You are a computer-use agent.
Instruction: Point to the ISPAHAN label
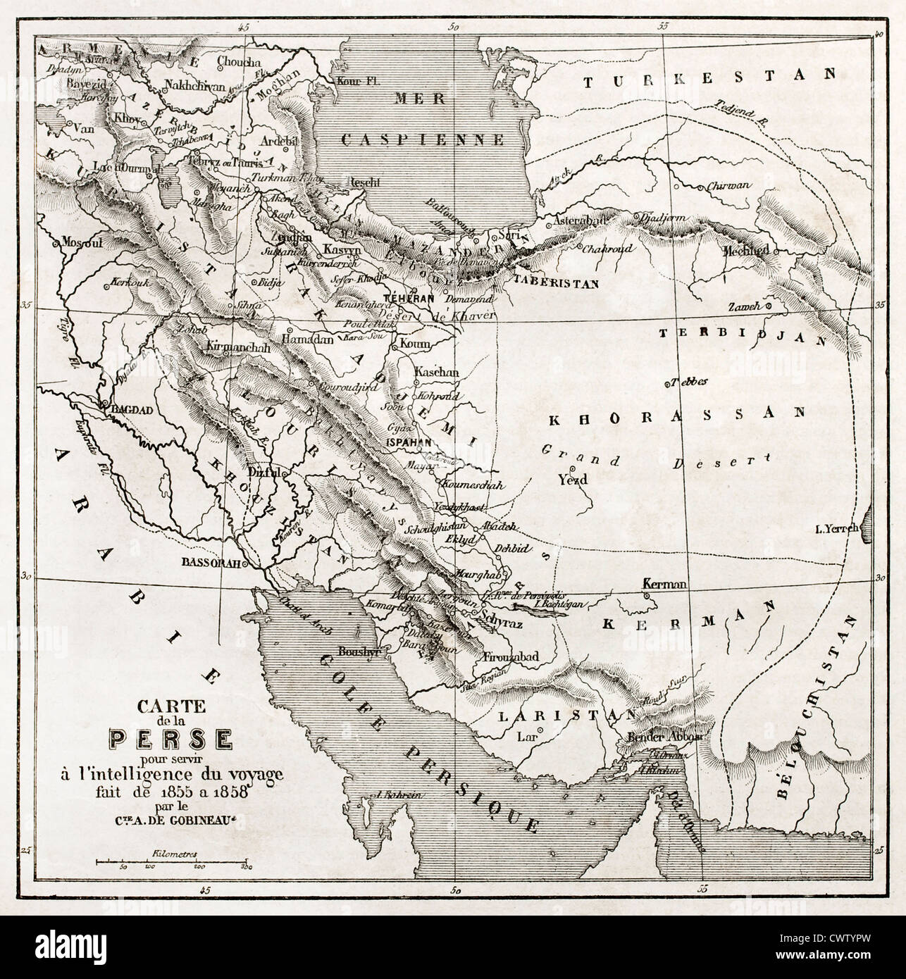409,442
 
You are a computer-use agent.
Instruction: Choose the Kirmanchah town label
237,347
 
